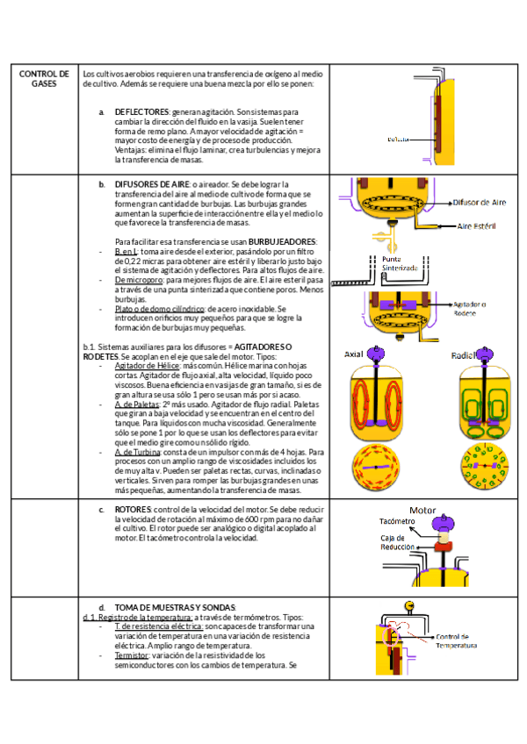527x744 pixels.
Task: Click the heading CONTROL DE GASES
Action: [x=44, y=79]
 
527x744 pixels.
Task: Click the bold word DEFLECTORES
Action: [x=141, y=112]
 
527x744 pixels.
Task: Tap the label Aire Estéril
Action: [x=480, y=225]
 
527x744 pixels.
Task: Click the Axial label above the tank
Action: [x=353, y=354]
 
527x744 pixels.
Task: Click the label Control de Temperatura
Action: [x=458, y=641]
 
